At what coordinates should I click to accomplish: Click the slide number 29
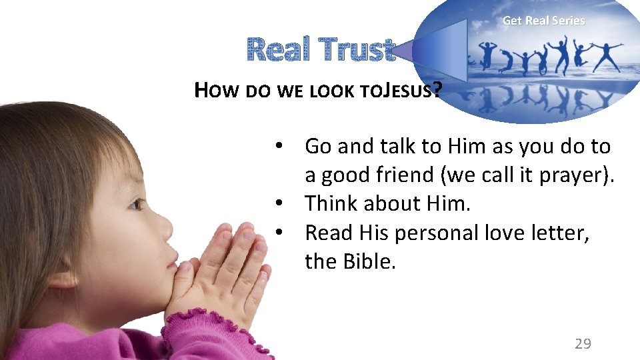point(583,343)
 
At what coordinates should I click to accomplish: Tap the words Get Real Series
point(543,21)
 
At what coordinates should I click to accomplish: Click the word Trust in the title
point(356,50)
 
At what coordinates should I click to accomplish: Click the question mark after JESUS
point(436,89)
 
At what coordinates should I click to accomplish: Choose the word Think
point(331,204)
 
